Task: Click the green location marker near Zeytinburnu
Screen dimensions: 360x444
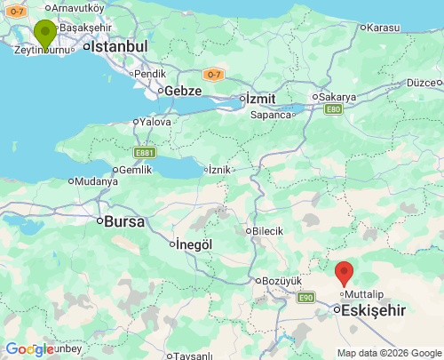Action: tap(44, 35)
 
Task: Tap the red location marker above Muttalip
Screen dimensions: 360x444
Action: tap(345, 273)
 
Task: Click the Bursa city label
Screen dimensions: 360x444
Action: tap(124, 221)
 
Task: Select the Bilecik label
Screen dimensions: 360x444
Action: tap(266, 230)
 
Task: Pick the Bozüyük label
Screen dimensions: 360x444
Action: tap(283, 281)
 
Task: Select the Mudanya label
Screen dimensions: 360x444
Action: tap(96, 181)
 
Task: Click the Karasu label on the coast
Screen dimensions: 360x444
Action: tap(383, 28)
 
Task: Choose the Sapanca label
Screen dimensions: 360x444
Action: tap(271, 115)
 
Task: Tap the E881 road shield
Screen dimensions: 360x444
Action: tap(145, 152)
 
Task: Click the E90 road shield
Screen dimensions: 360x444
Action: tap(306, 297)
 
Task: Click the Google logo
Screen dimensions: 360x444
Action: tap(29, 349)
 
